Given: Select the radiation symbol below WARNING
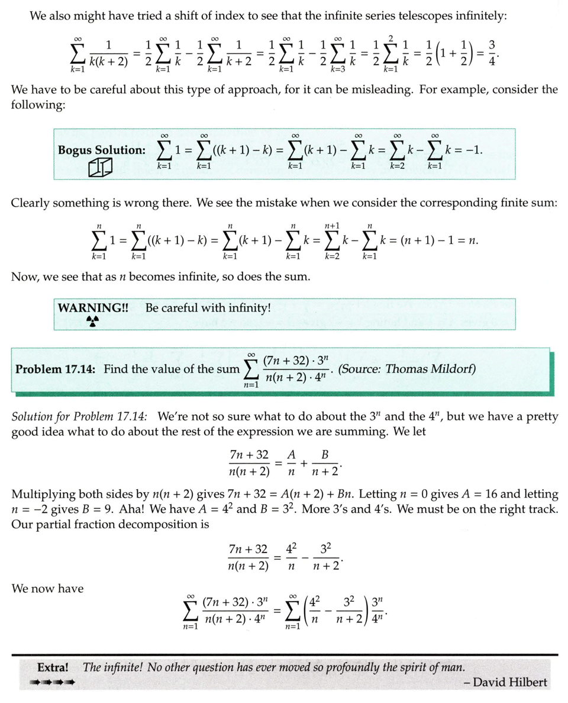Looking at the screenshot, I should [x=92, y=320].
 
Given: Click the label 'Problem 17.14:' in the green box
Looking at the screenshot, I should [x=57, y=369].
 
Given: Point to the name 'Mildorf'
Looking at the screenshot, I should [x=453, y=369].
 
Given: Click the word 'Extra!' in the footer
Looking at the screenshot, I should [x=53, y=667].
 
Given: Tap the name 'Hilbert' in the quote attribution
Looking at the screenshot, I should [x=527, y=682].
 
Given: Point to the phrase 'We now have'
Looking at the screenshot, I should [x=47, y=588].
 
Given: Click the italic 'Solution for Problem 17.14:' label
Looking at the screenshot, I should [x=82, y=417].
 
